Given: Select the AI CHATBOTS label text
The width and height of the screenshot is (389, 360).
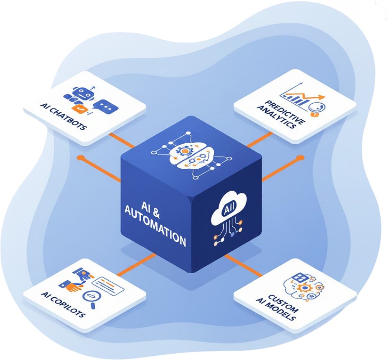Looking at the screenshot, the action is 64,117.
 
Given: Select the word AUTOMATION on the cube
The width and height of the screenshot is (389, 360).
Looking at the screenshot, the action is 155,226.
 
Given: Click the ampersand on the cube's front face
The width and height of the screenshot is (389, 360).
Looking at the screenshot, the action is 156,213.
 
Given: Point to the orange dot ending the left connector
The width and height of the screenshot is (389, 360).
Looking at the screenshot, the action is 80,158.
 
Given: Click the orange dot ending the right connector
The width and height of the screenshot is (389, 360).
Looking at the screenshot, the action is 300,158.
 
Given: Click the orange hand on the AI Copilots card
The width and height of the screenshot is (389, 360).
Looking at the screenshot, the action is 74,287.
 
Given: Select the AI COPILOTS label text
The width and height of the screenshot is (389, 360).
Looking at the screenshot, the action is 63,304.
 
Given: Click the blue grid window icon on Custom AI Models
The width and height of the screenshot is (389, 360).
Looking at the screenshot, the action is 300,277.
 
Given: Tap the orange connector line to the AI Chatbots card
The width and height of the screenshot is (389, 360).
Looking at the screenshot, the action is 122,140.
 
